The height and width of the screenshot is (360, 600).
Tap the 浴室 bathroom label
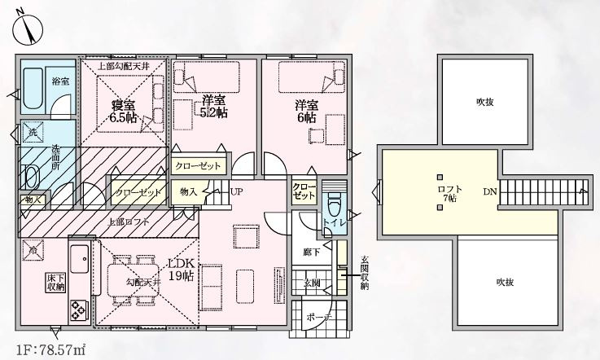[x=60, y=81]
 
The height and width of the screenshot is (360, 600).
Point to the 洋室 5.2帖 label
[x=214, y=106]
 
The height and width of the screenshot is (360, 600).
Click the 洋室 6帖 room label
[x=306, y=111]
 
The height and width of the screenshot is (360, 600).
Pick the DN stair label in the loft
[x=490, y=192]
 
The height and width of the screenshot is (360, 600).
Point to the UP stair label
[x=236, y=192]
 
